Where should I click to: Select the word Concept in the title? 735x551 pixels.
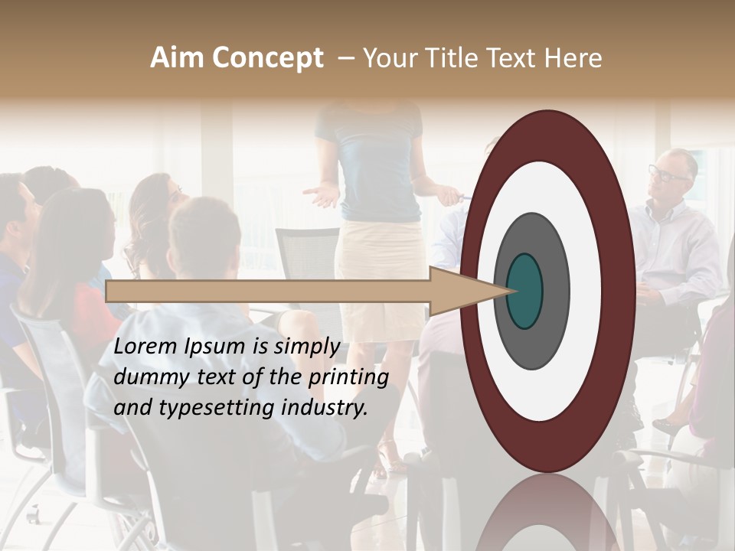267,58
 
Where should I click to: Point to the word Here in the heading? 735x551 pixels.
573,58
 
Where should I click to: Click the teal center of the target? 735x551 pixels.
524,291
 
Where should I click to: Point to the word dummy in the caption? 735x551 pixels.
146,377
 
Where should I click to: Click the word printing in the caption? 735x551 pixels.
348,377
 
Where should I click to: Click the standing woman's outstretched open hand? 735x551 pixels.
321,195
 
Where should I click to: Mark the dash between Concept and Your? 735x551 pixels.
345,58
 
